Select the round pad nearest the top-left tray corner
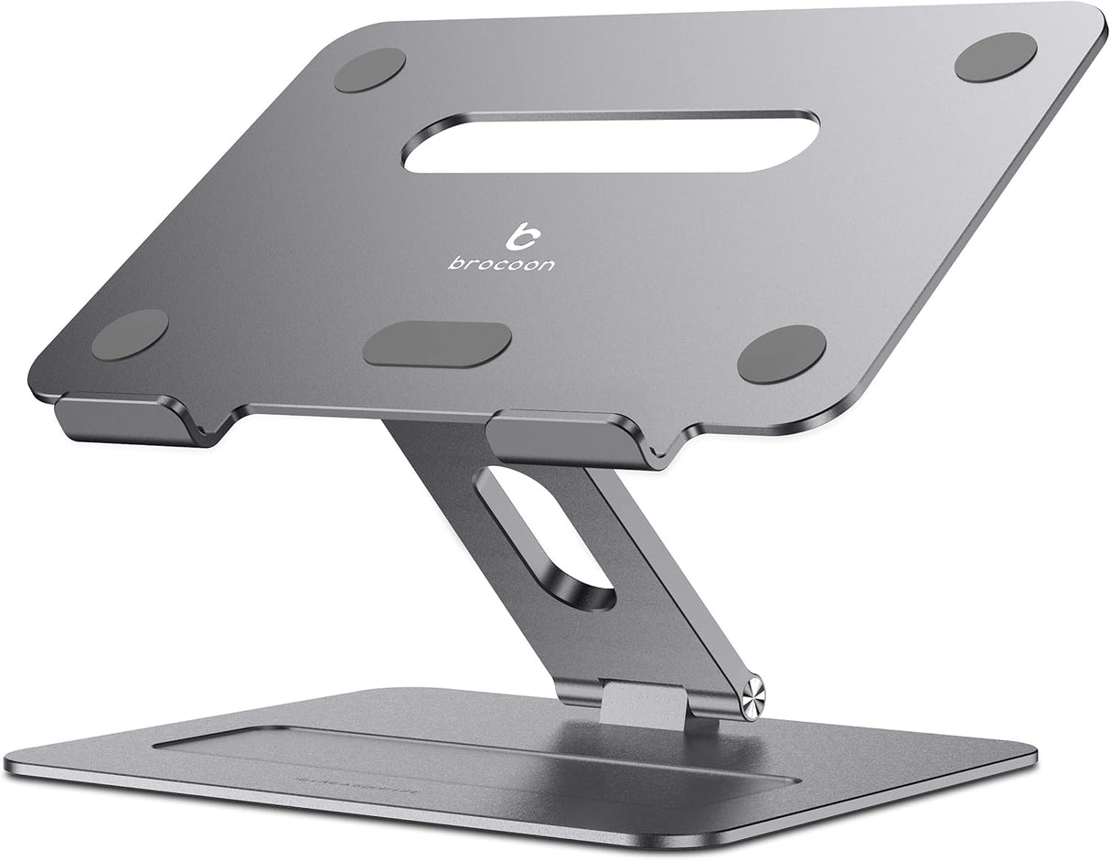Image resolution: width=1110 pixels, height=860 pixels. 369,69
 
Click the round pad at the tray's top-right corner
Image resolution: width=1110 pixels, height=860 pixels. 996,57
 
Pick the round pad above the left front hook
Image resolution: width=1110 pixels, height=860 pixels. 130,334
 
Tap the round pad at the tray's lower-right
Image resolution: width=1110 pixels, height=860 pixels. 782,354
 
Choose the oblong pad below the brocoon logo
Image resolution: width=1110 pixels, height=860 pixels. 437,345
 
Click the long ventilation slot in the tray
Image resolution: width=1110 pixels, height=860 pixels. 611,142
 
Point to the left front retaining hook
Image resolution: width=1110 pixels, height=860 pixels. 126,420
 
